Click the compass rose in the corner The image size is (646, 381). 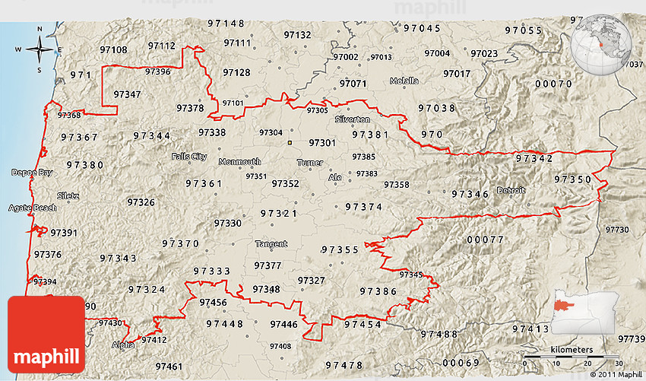click(40, 50)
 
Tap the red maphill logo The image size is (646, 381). click(46, 334)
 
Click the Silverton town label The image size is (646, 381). click(353, 120)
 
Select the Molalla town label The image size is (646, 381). click(404, 81)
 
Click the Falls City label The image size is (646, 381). click(188, 157)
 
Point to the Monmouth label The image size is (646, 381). click(239, 162)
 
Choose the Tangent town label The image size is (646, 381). click(271, 244)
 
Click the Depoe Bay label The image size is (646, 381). click(32, 173)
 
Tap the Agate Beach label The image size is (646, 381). click(32, 208)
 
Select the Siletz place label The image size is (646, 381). click(67, 195)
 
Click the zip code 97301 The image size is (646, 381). click(322, 143)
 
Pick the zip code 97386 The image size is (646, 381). click(378, 291)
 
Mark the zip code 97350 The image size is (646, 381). click(572, 179)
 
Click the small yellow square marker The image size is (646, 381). click(290, 141)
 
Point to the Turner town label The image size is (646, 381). click(310, 163)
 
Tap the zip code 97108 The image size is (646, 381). click(113, 49)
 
